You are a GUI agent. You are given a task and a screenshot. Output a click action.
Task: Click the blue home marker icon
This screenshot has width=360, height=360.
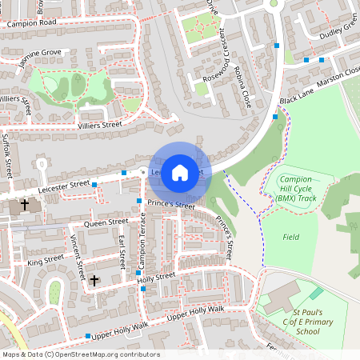coord(180,172)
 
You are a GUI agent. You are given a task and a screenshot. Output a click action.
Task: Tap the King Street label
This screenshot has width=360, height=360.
coord(45,260)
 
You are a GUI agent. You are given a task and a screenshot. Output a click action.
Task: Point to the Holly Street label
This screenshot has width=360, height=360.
coord(156,277)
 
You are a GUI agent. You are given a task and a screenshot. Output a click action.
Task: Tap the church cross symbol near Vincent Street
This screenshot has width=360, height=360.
coord(94,281)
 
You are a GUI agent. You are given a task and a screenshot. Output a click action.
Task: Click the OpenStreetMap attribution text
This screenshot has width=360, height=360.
coord(80,354)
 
